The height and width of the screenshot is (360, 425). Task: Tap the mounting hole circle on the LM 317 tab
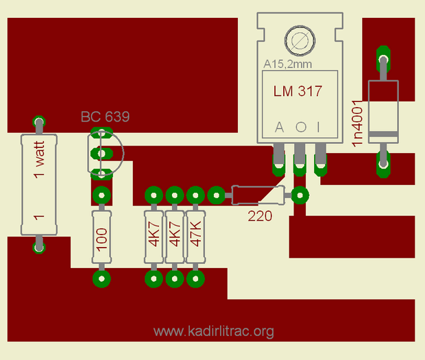pos(299,42)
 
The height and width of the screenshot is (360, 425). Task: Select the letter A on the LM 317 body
pos(279,128)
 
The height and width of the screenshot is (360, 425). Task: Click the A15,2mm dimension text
pos(288,64)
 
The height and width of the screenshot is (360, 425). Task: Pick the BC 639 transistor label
pos(105,117)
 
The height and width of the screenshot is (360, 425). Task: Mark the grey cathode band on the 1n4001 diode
pos(383,132)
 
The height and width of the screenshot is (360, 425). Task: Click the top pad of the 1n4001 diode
pos(383,54)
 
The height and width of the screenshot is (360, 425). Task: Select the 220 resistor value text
pos(260,216)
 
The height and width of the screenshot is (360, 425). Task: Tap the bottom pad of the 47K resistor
pos(196,278)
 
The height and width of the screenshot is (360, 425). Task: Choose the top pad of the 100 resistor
pos(101,195)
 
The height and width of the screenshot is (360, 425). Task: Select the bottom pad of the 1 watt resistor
pos(39,245)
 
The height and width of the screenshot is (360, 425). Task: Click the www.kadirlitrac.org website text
pos(214,332)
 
